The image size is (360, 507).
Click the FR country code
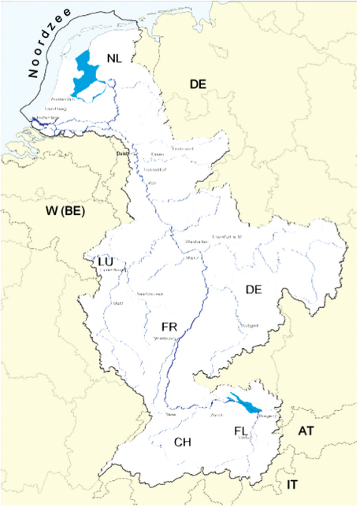[x=169, y=325]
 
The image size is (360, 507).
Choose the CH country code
[x=183, y=442]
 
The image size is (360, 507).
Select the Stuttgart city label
[x=249, y=325]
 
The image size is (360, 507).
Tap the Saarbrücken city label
[x=150, y=294]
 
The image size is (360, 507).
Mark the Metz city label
[x=118, y=303]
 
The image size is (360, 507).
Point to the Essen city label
[x=158, y=154]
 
